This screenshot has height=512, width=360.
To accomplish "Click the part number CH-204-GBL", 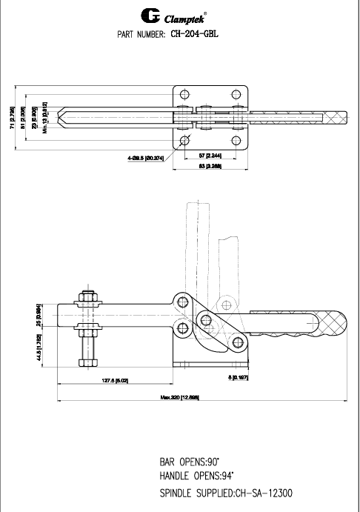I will coord(194,33).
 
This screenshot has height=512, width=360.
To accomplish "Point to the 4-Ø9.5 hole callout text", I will coord(145,157).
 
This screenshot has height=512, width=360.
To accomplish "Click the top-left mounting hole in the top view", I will coord(184,94).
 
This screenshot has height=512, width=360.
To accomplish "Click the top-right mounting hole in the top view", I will coord(236,94).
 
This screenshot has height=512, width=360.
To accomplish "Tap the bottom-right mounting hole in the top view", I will coord(236,141).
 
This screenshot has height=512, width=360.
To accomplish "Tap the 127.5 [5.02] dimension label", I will coord(116,381).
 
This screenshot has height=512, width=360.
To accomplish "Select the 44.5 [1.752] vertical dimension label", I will coord(39,345).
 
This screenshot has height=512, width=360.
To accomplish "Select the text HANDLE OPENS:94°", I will coord(201,475).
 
